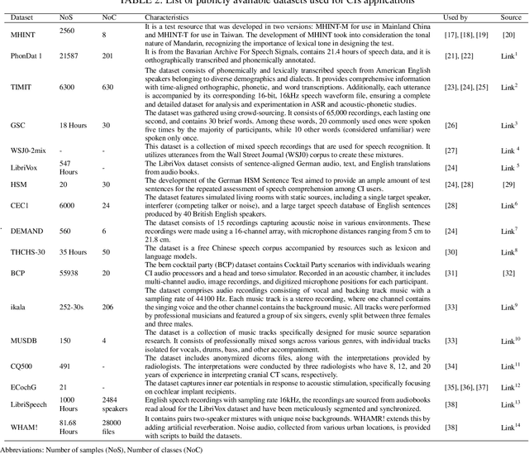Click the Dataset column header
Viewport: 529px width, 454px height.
pos(22,17)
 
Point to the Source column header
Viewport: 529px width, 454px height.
pos(509,17)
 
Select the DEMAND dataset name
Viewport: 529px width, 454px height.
pos(26,232)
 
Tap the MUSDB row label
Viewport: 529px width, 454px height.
pos(25,340)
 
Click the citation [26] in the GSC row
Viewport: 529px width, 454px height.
pos(450,125)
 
